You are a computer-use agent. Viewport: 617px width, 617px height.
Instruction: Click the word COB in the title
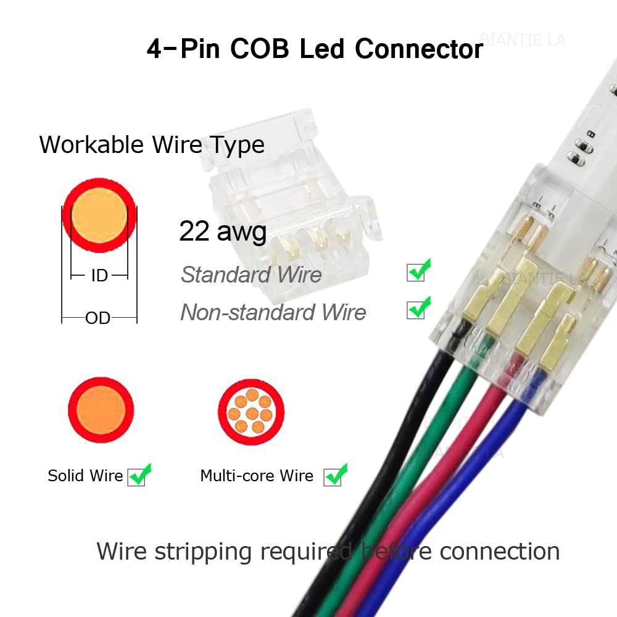coord(259,49)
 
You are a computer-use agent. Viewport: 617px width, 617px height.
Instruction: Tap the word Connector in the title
coord(419,49)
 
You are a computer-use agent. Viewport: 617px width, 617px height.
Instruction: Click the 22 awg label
coord(223,231)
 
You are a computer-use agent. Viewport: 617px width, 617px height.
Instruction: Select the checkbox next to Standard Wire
coord(416,272)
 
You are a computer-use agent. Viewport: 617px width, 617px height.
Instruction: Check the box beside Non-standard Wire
coord(416,310)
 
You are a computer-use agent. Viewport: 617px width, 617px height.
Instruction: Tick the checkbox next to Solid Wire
coord(136,477)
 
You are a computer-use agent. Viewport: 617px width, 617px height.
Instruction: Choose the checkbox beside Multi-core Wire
coord(332,477)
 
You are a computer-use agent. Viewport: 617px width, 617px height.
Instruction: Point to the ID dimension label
coord(99,275)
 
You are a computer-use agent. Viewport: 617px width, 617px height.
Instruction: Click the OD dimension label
coord(98,318)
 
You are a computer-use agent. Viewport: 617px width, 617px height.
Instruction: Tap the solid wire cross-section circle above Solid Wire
coord(101,410)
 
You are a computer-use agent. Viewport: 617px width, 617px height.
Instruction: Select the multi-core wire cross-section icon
coord(251,412)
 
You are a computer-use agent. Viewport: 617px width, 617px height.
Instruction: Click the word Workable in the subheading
coord(92,144)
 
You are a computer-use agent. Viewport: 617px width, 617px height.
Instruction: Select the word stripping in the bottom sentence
coord(203,552)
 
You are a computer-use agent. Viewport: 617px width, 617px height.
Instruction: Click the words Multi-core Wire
coord(257,476)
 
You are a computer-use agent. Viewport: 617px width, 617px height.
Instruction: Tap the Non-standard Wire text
coord(273,312)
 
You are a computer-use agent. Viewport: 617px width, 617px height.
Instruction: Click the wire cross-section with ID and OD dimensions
coord(99,215)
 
